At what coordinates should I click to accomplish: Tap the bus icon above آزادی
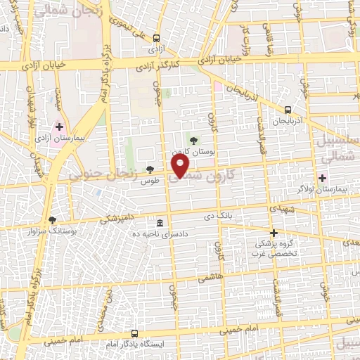(x=156, y=39)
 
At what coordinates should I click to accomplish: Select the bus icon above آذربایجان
(x=288, y=110)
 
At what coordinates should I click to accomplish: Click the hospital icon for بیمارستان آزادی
(x=60, y=128)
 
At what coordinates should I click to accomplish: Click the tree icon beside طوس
(x=150, y=169)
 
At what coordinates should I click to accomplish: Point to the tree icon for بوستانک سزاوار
(x=52, y=219)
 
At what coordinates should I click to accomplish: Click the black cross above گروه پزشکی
(x=274, y=232)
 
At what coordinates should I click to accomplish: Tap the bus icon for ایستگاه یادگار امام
(x=134, y=333)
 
